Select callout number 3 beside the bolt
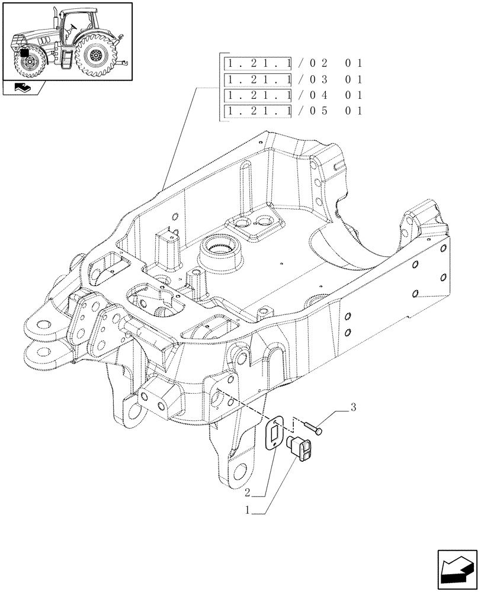tap(354, 407)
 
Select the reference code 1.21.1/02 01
tap(293, 63)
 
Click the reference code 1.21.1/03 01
tap(293, 79)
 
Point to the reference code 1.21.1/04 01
tap(293, 95)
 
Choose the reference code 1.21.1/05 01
tap(293, 111)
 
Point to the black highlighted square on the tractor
tap(25, 53)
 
